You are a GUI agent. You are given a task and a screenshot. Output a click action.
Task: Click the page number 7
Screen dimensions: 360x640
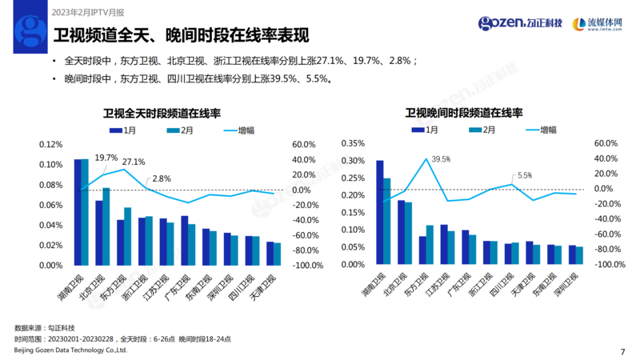click(622, 350)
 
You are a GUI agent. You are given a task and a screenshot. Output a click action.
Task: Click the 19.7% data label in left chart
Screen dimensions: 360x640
click(106, 158)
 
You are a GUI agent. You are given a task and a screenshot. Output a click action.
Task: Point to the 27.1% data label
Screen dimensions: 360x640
click(134, 162)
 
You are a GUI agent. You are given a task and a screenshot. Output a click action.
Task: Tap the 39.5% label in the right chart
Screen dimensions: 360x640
click(441, 159)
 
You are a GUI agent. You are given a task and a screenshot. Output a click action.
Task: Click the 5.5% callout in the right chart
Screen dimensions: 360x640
click(525, 174)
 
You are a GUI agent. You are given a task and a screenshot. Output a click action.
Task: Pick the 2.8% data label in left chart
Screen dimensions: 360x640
click(161, 178)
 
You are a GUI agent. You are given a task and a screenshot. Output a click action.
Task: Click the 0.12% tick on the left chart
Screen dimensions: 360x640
click(50, 145)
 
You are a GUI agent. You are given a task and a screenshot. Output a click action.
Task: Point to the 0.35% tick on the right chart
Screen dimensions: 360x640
click(353, 144)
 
